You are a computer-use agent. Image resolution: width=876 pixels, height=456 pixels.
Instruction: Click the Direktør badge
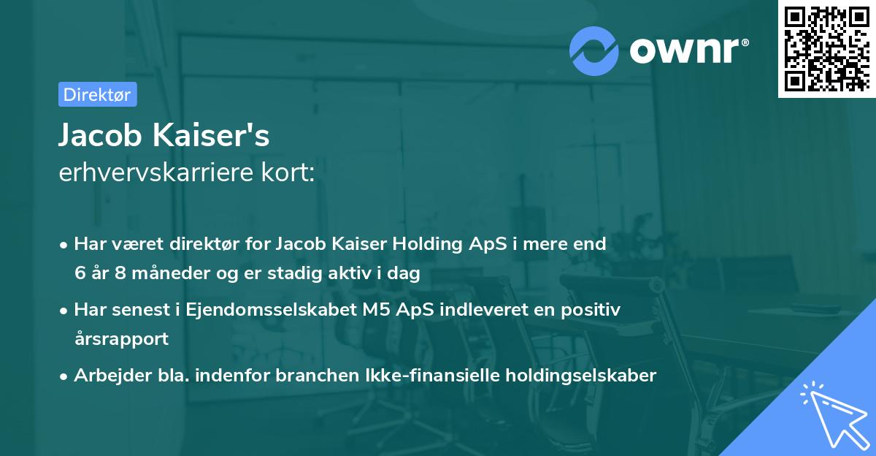pos(97,94)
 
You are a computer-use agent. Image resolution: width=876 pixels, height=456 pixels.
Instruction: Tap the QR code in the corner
pos(827,48)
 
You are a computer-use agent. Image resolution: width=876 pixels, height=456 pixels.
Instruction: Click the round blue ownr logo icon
pos(594,50)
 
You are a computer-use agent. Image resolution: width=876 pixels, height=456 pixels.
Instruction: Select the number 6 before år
pos(79,274)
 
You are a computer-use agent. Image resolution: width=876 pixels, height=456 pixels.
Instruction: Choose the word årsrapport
pos(121,339)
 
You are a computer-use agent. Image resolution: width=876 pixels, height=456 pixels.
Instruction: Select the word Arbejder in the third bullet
pos(106,376)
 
